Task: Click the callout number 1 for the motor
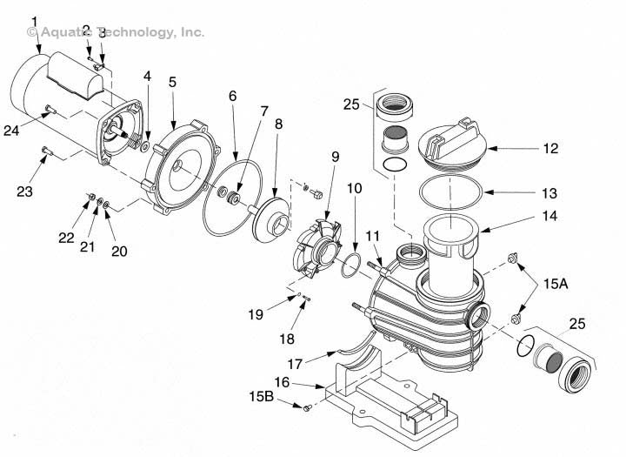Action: pos(35,22)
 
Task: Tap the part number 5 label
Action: pos(172,82)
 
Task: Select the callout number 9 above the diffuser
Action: pos(335,157)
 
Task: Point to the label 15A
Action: pos(556,284)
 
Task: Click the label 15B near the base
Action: pos(262,396)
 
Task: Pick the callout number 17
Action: pos(295,364)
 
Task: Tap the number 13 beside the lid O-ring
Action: pos(549,193)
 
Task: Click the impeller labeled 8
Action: pos(271,219)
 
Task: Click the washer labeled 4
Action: pos(145,147)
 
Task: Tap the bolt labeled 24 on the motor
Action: pos(50,109)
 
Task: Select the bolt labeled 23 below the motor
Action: pos(46,151)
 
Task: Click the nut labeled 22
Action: pos(91,197)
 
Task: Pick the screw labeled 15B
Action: pos(307,408)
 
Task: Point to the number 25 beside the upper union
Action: pos(351,104)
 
